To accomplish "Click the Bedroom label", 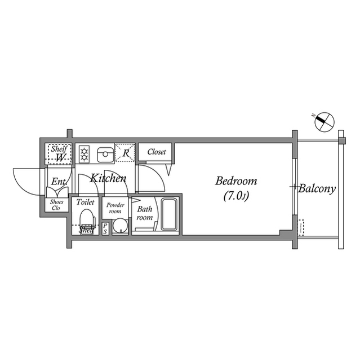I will pos(237,182).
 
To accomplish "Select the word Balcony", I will pos(317,189).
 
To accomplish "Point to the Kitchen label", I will pos(108,179).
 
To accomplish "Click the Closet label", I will pos(156,152).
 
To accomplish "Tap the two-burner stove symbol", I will pos(85,153).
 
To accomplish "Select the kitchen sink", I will pos(105,153).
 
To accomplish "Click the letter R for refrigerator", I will pos(126,153).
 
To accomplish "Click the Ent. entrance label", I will pos(59,182).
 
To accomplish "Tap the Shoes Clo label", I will pos(56,205).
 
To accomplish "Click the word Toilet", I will pos(85,202).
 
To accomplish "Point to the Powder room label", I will pos(116,208).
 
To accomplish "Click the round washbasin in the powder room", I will pos(119,226).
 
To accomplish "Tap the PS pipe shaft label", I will pos(105,227).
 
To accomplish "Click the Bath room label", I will pos(144,213).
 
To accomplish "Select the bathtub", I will pos(170,214).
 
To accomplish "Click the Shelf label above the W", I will pos(59,148).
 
